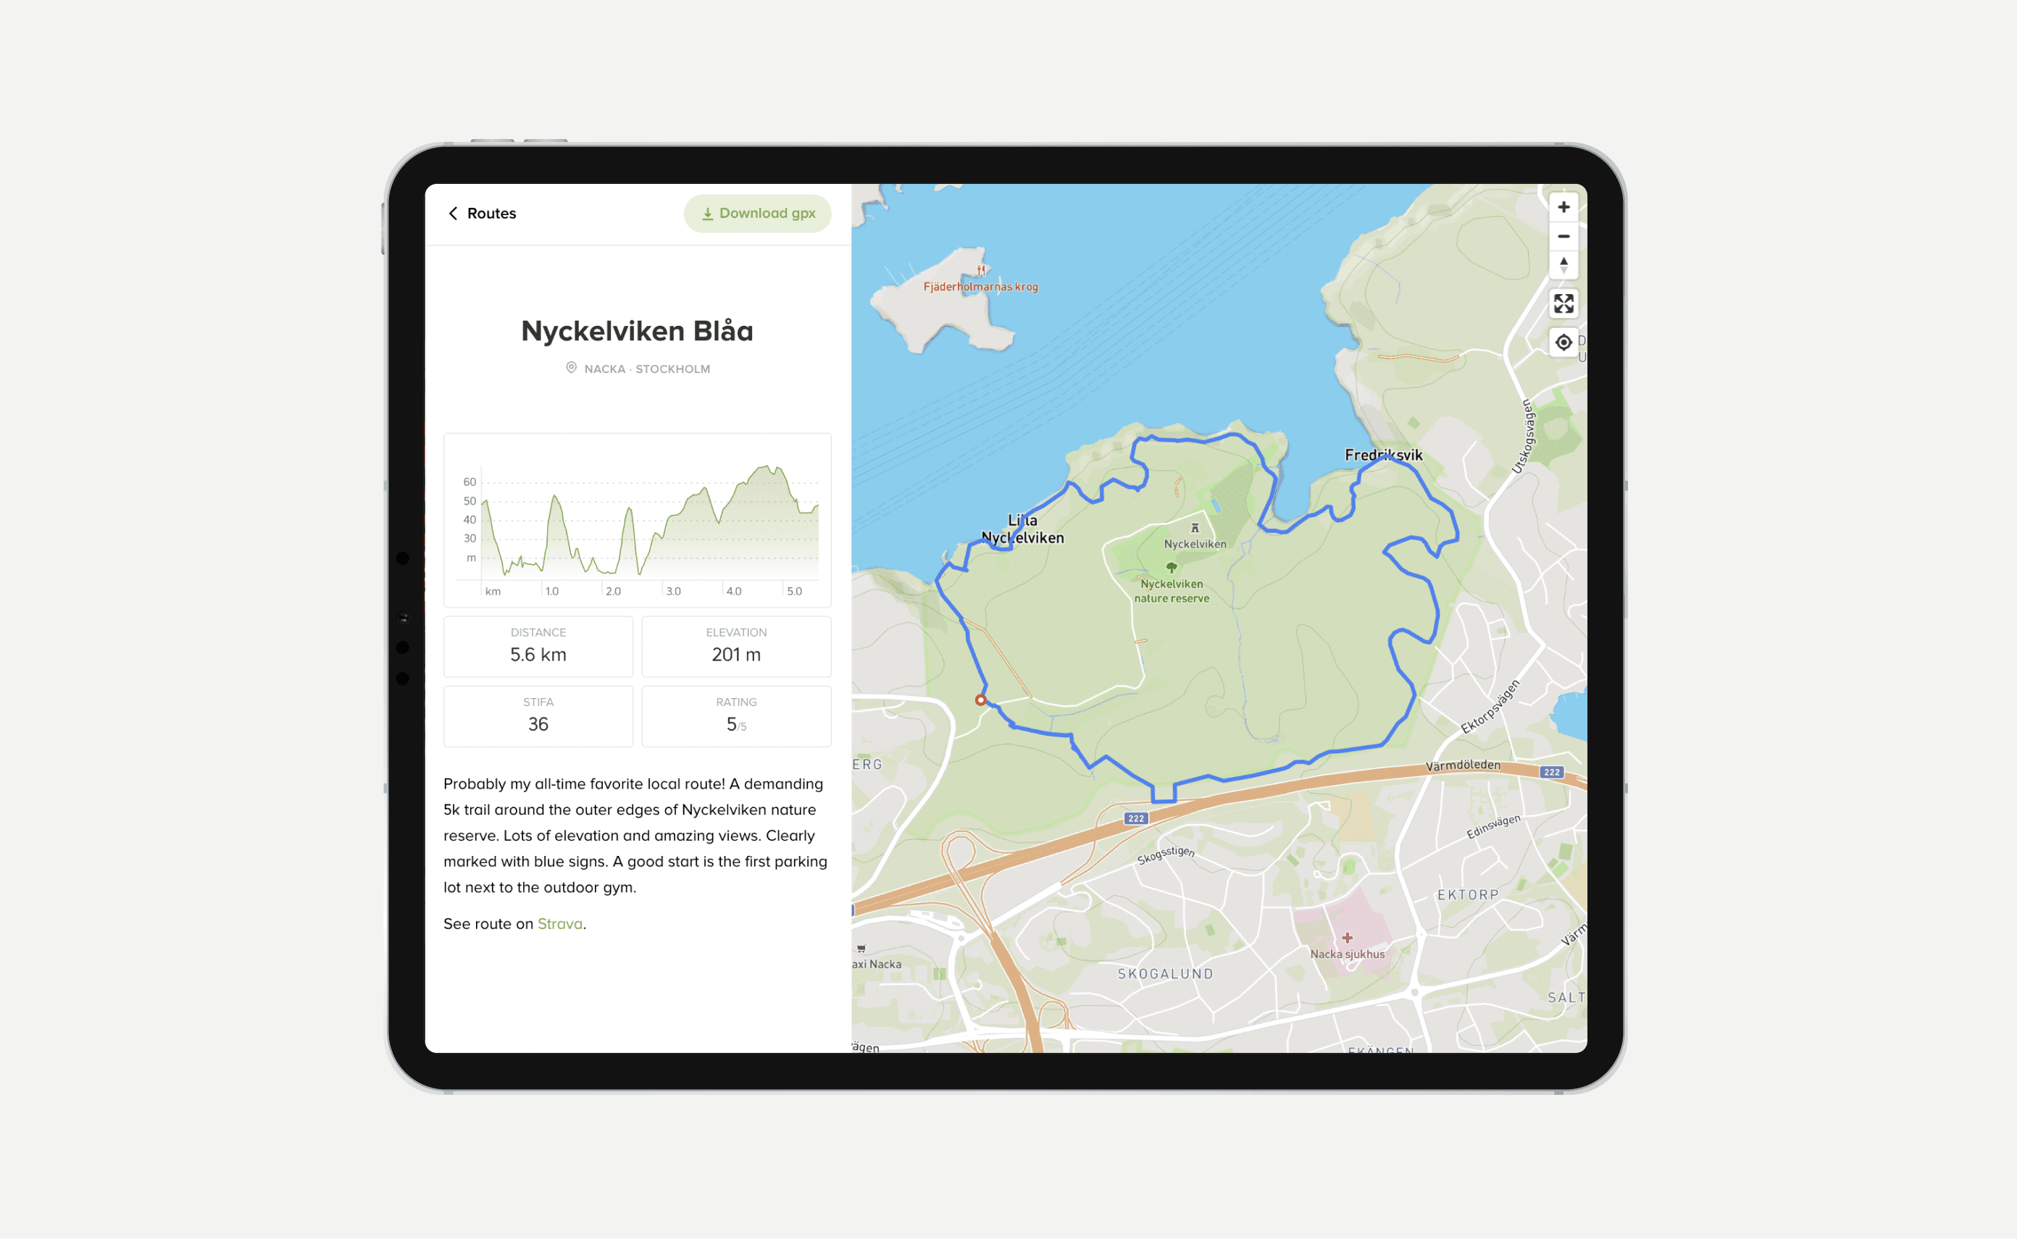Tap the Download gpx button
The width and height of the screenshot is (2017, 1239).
click(757, 213)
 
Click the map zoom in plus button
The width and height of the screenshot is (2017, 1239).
click(1563, 207)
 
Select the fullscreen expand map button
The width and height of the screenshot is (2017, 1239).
click(1563, 304)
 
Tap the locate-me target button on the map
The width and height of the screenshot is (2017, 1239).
click(1563, 343)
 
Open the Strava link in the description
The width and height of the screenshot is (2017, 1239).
click(560, 923)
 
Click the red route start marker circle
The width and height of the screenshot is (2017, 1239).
click(980, 700)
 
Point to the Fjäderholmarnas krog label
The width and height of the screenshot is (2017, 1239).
click(980, 287)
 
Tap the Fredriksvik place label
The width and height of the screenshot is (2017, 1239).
click(1384, 455)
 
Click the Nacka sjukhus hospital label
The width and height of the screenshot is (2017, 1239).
click(1347, 954)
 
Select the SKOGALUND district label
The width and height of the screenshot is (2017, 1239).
click(1165, 973)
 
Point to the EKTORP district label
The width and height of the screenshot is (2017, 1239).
click(1467, 895)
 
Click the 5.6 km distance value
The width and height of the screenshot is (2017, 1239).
click(538, 655)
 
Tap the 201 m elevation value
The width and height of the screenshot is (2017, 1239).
click(736, 655)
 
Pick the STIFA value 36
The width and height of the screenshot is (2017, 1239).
click(538, 724)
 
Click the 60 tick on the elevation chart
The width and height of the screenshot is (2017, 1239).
click(469, 482)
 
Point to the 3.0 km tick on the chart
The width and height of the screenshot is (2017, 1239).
click(673, 591)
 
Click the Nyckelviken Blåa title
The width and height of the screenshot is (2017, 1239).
click(637, 331)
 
